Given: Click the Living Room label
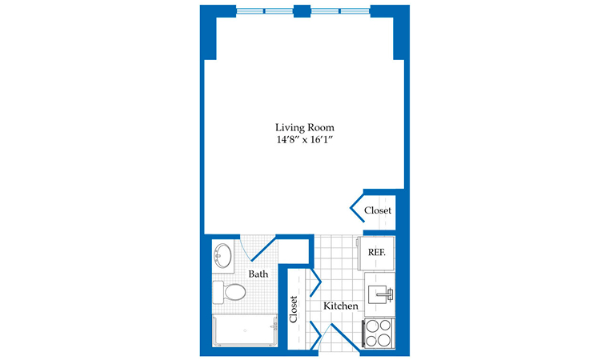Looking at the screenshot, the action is pos(304,127).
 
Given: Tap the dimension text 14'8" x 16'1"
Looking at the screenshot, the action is pos(304,140).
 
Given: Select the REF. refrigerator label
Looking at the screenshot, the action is pos(376,252).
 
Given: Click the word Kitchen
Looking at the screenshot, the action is pos(341,306).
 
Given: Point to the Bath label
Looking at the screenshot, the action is pos(258,274).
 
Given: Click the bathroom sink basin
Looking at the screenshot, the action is pos(223,255).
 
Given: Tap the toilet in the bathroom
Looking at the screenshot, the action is pos(229,292).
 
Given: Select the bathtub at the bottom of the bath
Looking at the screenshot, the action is pos(245,330).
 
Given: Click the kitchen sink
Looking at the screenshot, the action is pos(379,294).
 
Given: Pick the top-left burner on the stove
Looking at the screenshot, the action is pos(372,326).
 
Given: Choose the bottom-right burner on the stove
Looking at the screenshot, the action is pos(385,340).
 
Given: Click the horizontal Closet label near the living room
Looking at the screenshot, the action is pos(378,210).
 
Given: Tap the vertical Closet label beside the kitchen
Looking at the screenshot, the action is pos(294,310).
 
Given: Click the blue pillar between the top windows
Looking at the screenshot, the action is pos(302,11).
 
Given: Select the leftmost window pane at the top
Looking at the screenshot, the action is pos(250,11).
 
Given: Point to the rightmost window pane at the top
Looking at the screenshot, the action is pos(355,11).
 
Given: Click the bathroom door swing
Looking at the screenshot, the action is pos(263,249).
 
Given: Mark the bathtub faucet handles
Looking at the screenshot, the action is pos(274,327).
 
